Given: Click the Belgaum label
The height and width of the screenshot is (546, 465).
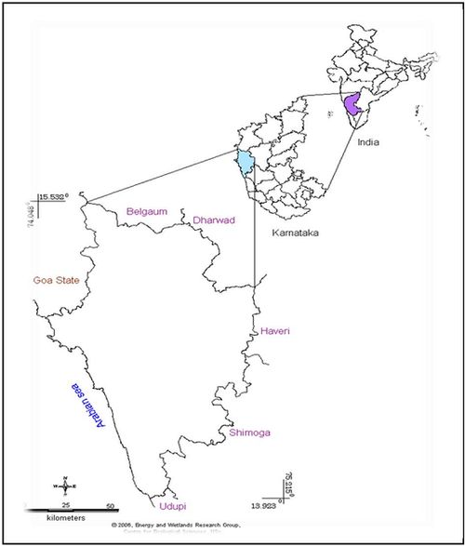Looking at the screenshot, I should coord(146,211).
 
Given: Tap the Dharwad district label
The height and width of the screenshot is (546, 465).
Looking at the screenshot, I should coord(215,220).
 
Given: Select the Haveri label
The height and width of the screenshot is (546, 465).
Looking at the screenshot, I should coord(275,331).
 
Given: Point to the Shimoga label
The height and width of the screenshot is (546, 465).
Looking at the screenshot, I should coord(249,432).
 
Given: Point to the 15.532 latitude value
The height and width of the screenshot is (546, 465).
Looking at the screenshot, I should coord(54,197).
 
